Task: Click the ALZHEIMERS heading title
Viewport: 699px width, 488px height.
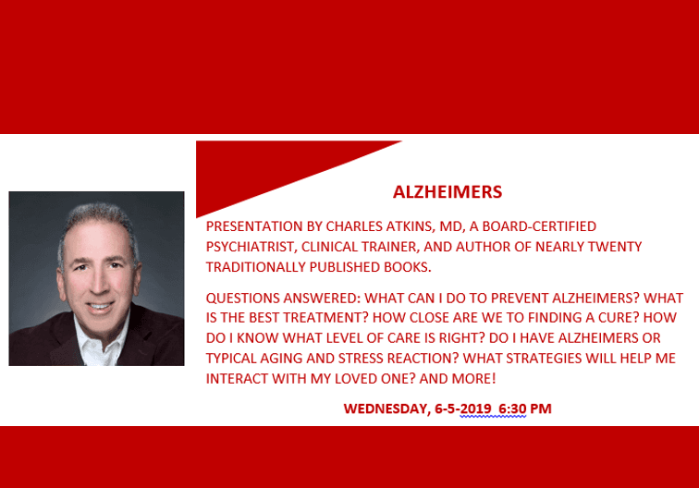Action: click(448, 192)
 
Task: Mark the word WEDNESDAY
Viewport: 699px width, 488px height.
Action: click(385, 409)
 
